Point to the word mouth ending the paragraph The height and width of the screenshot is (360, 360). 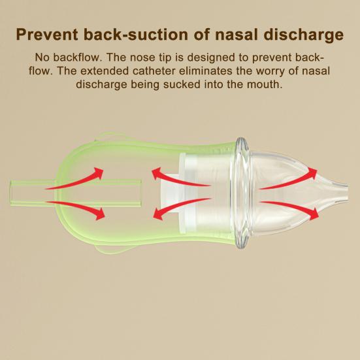[265, 85]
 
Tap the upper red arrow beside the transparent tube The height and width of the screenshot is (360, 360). [76, 180]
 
